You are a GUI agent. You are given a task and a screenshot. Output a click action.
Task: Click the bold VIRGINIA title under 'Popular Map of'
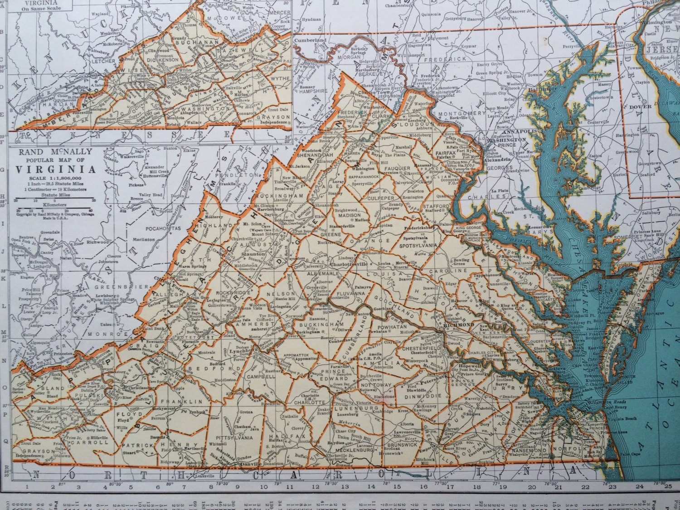pos(56,170)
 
